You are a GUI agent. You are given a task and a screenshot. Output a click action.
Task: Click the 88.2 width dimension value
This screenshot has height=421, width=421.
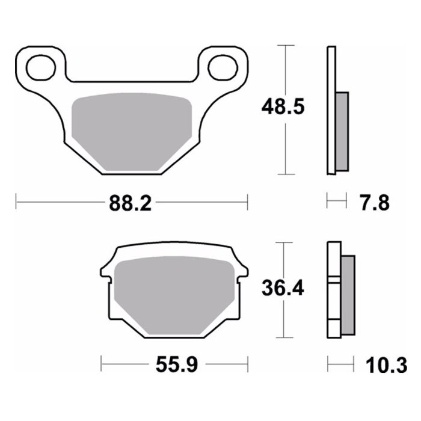(131, 203)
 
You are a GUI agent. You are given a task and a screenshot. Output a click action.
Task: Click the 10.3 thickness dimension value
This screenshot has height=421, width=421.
(389, 364)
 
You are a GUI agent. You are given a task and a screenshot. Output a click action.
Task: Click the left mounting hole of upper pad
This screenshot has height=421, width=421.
(41, 66)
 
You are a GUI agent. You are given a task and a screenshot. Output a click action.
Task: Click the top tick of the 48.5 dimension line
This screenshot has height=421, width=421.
(285, 45)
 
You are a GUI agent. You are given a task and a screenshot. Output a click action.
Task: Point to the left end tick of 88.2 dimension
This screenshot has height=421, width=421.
(16, 203)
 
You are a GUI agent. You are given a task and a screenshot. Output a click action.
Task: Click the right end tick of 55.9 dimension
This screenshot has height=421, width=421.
(247, 364)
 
